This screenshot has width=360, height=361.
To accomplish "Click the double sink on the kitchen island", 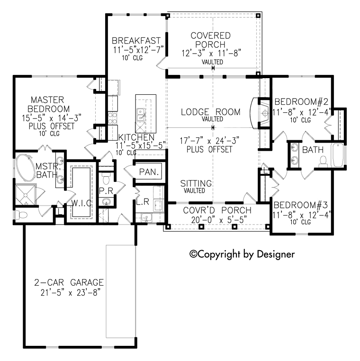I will click(x=141, y=113).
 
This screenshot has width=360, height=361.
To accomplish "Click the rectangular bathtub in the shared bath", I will click(x=337, y=155).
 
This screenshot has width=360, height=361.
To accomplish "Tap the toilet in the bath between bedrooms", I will click(x=323, y=162).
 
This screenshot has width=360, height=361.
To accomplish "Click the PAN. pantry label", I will click(x=149, y=171).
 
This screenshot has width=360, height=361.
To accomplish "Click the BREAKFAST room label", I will click(x=136, y=40).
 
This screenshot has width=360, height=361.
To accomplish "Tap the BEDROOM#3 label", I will click(x=302, y=205).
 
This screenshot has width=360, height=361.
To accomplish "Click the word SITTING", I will click(x=196, y=183).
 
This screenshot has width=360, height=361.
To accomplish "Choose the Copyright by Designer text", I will click(x=242, y=254).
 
